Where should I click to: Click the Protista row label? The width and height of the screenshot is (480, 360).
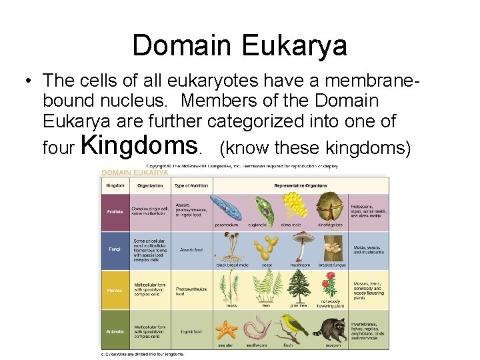coord(115,212)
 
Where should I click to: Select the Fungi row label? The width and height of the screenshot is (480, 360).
coord(114,250)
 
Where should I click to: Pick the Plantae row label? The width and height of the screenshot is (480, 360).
coord(115,289)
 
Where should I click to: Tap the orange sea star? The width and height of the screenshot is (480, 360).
coord(225,329)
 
